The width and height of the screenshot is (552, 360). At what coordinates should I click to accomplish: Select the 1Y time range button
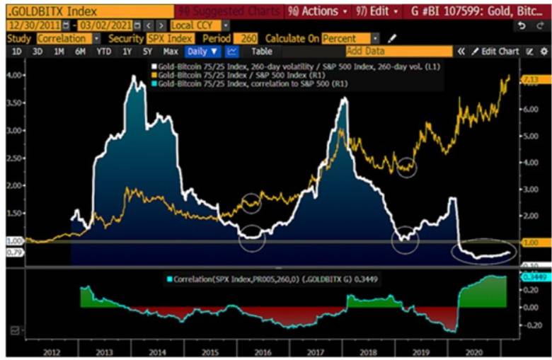(127, 51)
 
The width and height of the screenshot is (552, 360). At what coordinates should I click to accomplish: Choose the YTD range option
(104, 51)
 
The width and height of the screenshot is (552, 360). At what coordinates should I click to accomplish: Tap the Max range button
(170, 51)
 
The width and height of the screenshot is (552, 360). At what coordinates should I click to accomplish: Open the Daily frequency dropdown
(202, 51)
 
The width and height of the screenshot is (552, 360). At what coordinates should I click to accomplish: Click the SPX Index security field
(171, 37)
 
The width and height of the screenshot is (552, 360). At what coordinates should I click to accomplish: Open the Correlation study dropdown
(68, 37)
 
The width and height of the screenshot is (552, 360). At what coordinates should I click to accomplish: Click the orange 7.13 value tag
(530, 80)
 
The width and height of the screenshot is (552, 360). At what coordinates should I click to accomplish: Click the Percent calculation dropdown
(350, 37)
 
